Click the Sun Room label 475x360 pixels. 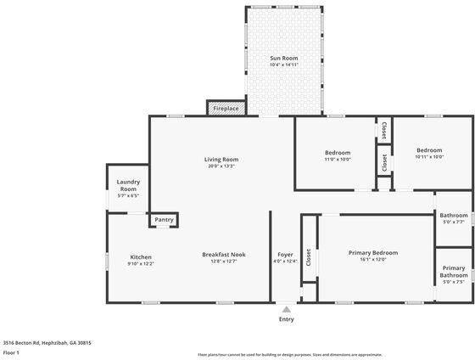(284, 58)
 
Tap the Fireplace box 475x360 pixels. (226, 109)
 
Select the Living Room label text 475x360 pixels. (221, 159)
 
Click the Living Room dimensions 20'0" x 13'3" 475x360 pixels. (221, 166)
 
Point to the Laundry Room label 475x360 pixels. (128, 184)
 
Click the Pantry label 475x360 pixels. (164, 220)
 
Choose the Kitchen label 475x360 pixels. (141, 256)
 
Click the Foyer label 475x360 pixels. (286, 255)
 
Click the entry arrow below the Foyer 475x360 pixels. (287, 309)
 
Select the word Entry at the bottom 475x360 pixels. (287, 319)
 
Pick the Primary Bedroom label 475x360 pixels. (373, 252)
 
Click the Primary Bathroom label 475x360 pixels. (454, 272)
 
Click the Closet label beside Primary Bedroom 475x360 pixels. (309, 257)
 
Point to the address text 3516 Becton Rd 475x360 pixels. (46, 342)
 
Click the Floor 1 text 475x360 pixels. (12, 352)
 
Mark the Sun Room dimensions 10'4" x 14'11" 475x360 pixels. (284, 65)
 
